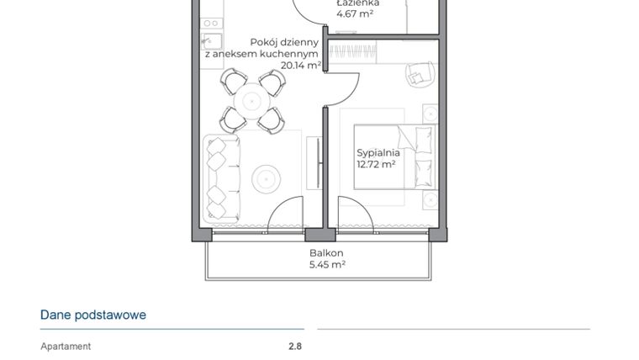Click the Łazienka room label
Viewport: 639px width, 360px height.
tap(357, 3)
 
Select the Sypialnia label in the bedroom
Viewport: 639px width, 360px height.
tap(378, 153)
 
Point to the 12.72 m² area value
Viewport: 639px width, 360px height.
tap(376, 165)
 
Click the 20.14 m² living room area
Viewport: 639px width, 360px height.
tap(301, 65)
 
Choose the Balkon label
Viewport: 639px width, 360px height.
tap(326, 252)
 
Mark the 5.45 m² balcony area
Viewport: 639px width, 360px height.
tap(327, 264)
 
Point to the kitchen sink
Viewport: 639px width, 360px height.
tap(211, 40)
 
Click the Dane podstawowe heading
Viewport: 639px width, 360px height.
tap(93, 315)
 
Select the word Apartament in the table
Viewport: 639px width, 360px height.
tap(66, 346)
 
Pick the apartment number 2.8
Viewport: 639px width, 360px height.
tap(294, 346)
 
